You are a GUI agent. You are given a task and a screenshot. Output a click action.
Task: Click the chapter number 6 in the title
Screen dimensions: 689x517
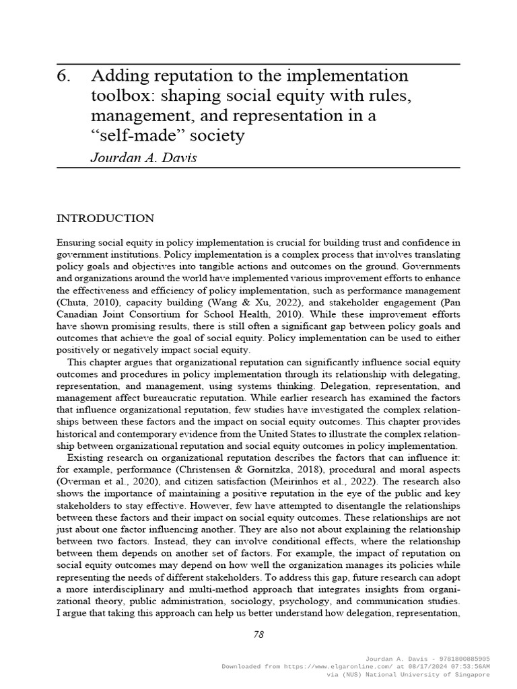pyautogui.click(x=63, y=75)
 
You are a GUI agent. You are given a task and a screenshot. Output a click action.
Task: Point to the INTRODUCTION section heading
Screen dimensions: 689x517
pyautogui.click(x=105, y=219)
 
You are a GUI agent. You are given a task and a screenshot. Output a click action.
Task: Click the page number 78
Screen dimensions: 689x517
pyautogui.click(x=258, y=634)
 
